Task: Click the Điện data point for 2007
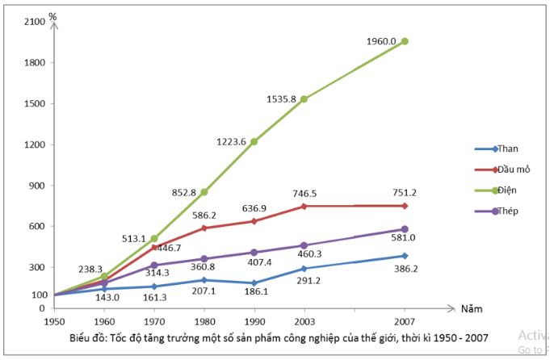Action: (x=405, y=41)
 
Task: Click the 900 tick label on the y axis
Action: (x=36, y=186)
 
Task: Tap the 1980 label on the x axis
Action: (x=204, y=321)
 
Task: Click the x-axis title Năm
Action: (x=472, y=308)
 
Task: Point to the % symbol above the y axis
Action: (x=52, y=15)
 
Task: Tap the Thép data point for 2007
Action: (x=405, y=229)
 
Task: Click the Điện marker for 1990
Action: (x=254, y=141)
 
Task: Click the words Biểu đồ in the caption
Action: (x=89, y=337)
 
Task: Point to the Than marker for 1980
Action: (x=204, y=280)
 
